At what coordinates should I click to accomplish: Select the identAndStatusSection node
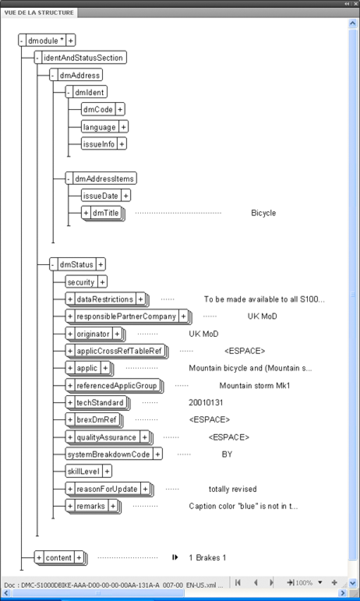pyautogui.click(x=83, y=58)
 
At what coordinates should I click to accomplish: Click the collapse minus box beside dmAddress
pyautogui.click(x=53, y=75)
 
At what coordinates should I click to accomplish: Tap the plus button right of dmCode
pyautogui.click(x=120, y=110)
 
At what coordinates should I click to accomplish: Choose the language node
pyautogui.click(x=100, y=127)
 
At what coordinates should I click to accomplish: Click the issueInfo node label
pyautogui.click(x=98, y=144)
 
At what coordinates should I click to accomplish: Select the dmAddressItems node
pyautogui.click(x=104, y=179)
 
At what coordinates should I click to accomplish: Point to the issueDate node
pyautogui.click(x=101, y=196)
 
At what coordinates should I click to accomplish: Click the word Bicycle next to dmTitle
pyautogui.click(x=263, y=213)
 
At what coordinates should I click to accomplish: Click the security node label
pyautogui.click(x=81, y=282)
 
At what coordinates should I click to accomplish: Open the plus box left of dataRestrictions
pyautogui.click(x=69, y=299)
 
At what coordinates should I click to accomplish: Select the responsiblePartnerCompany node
pyautogui.click(x=126, y=316)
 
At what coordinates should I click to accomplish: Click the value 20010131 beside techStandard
pyautogui.click(x=206, y=402)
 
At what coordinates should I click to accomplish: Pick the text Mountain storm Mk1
pyautogui.click(x=255, y=386)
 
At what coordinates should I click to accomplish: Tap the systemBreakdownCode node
pyautogui.click(x=108, y=454)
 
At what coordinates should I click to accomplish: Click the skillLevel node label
pyautogui.click(x=83, y=471)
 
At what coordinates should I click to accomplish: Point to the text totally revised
pyautogui.click(x=232, y=489)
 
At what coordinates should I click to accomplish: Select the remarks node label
pyautogui.click(x=90, y=507)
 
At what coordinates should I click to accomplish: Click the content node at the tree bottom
pyautogui.click(x=58, y=557)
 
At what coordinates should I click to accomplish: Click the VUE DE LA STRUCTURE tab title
pyautogui.click(x=39, y=12)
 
